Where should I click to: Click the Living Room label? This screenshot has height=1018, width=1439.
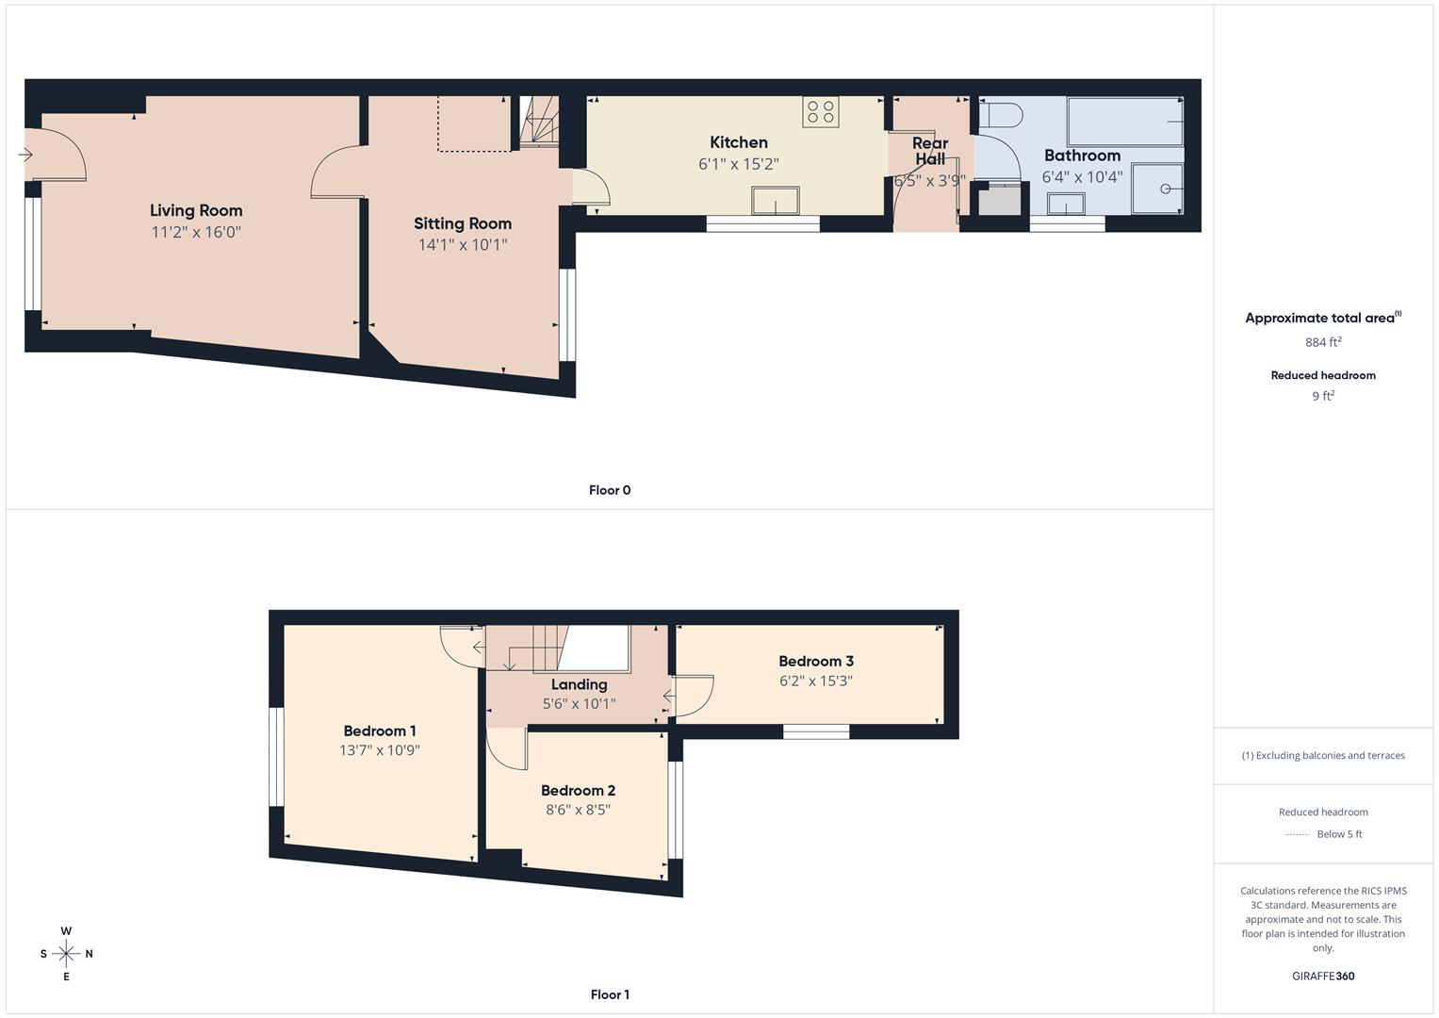pos(196,211)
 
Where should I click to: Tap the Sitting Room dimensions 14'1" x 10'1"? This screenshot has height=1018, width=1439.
pos(463,245)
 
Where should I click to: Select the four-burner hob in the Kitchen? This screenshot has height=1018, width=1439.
pos(820,112)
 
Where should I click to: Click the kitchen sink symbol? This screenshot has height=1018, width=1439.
pos(775,201)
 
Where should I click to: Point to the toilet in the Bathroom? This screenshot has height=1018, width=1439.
pos(999,116)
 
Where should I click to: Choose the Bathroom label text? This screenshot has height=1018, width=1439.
pos(1082,156)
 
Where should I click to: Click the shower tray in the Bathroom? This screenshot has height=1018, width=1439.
pos(1156,189)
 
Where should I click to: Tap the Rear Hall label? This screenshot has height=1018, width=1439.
pos(930,151)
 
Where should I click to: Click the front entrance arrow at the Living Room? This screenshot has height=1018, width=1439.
pos(25,155)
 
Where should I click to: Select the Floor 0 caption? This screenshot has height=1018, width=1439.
pos(610,490)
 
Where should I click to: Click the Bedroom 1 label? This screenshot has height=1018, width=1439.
pos(380,731)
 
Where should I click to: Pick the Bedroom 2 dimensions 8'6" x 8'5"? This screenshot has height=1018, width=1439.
pos(579,810)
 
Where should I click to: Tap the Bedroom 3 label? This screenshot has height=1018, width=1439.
pos(816,662)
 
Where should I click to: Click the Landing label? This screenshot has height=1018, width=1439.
pos(579,685)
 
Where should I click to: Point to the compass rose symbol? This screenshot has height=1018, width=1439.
pos(66,954)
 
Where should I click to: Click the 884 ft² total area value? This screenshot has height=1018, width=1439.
pos(1323,342)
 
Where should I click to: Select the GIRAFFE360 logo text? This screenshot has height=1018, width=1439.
pos(1323,977)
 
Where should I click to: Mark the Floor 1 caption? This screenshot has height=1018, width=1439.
pos(610,994)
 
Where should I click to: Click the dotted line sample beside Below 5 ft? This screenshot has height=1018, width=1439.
pos(1297,834)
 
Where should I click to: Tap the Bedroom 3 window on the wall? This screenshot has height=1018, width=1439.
pos(816,731)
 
